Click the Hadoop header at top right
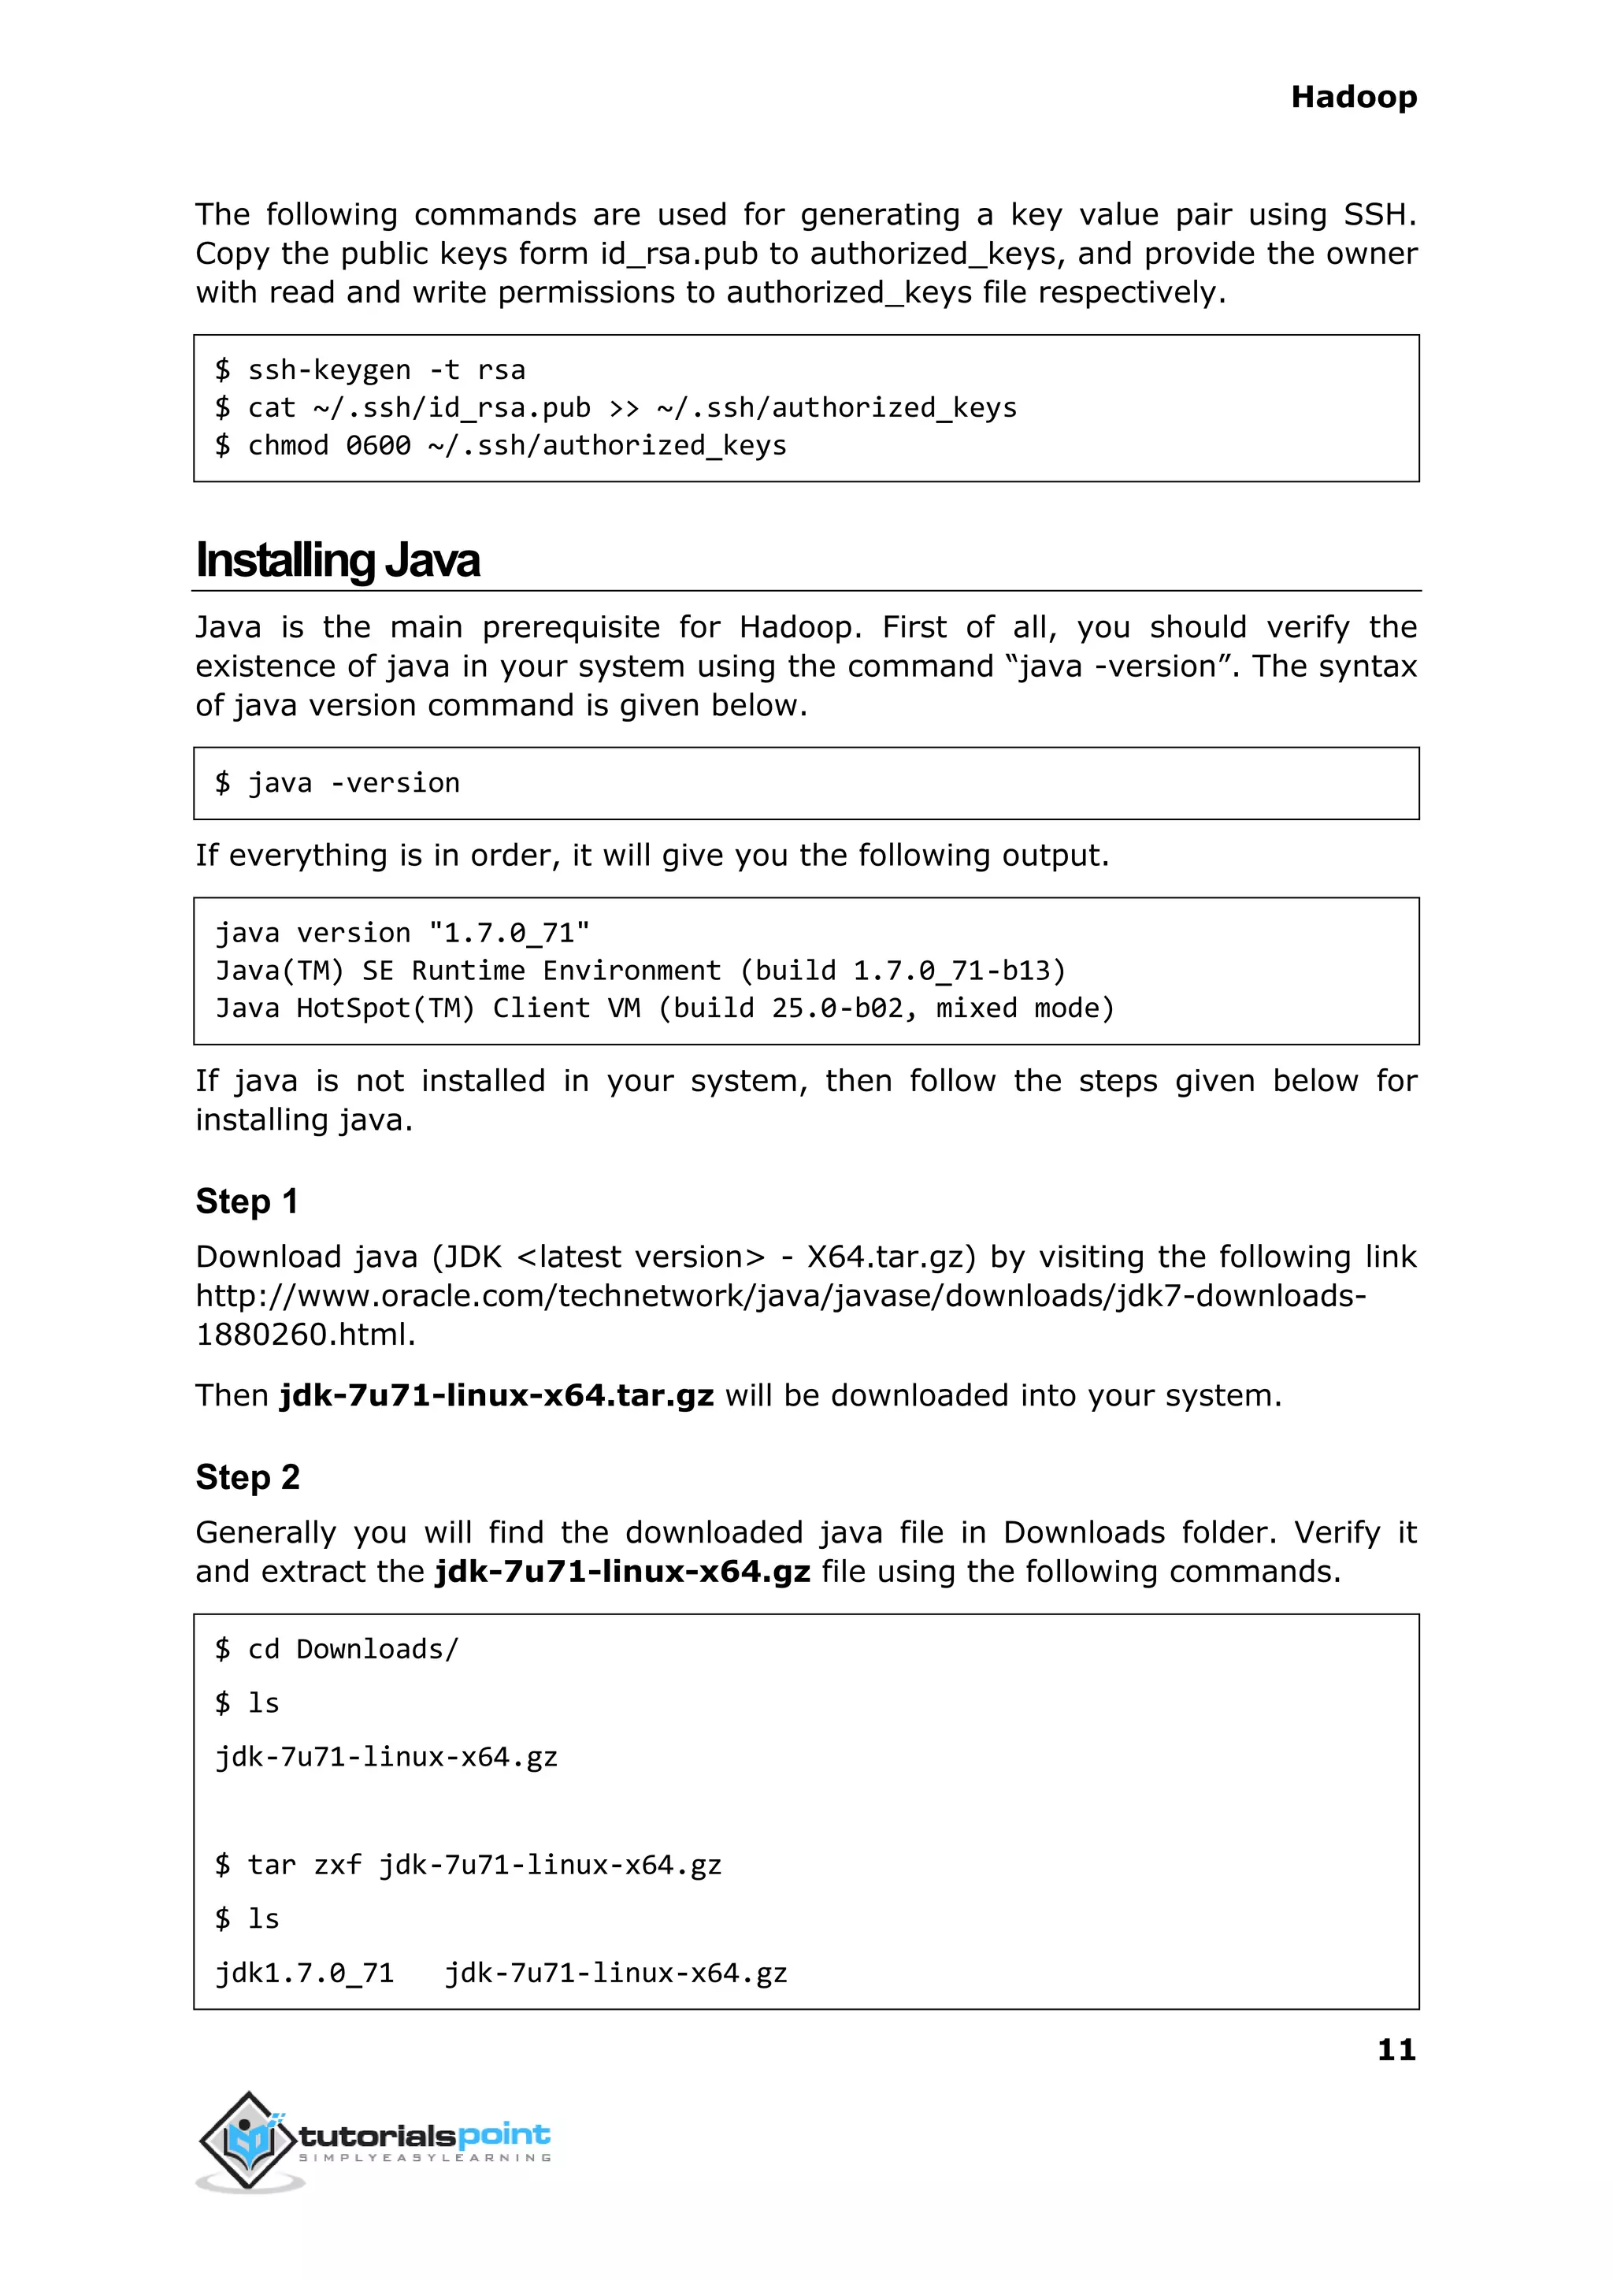1353,98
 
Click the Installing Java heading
337,560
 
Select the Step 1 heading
247,1201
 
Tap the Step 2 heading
247,1477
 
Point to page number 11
1396,2049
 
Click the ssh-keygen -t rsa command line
369,370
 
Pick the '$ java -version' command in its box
338,784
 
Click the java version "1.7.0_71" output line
402,934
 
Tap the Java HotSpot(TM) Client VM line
665,1009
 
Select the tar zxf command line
468,1866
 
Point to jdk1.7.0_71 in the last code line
305,1973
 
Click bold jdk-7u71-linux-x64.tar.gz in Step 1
497,1396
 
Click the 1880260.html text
305,1335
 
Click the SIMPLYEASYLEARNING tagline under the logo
425,2158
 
